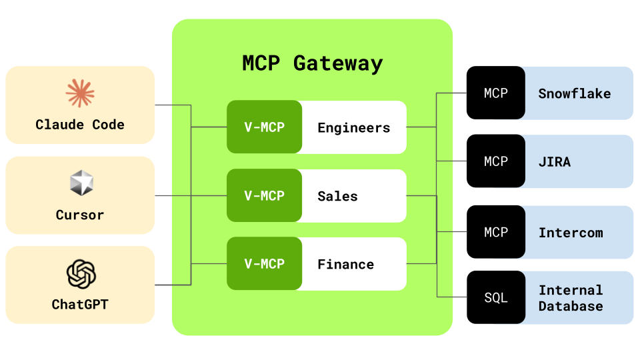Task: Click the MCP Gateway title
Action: tap(312, 63)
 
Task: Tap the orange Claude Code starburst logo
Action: tap(80, 93)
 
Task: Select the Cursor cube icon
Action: tap(80, 183)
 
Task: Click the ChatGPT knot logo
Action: tap(81, 274)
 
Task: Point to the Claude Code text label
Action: tap(80, 125)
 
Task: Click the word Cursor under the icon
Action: tap(80, 215)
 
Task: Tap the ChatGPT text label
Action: tap(80, 305)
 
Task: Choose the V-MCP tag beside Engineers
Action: tap(264, 127)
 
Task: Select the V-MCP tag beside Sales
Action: tap(264, 196)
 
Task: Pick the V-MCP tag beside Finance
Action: tap(264, 264)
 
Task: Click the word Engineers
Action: tap(353, 128)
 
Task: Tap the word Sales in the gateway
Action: tap(337, 197)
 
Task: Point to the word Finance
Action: tap(345, 265)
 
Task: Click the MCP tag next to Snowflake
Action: tap(495, 93)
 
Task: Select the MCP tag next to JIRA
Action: tap(495, 161)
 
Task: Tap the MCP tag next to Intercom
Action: tap(495, 232)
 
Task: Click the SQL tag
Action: tap(495, 298)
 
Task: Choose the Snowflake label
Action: tap(574, 94)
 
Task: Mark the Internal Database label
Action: tap(571, 299)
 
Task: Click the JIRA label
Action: tap(555, 162)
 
